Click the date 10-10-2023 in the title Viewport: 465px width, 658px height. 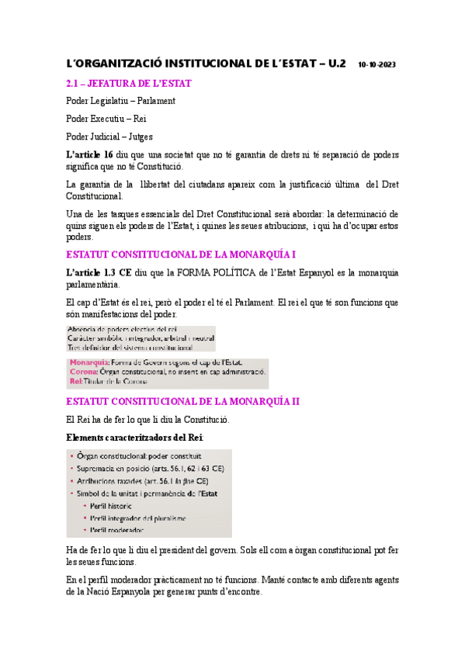[x=377, y=65]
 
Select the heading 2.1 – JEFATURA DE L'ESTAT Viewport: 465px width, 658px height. [x=129, y=83]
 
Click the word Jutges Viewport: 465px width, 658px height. [x=140, y=137]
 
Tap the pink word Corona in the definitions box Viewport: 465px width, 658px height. [x=85, y=372]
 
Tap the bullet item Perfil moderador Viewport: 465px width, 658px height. [x=117, y=530]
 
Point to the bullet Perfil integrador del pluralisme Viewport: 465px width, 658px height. [x=138, y=518]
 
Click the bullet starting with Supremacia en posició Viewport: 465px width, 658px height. [x=150, y=469]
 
